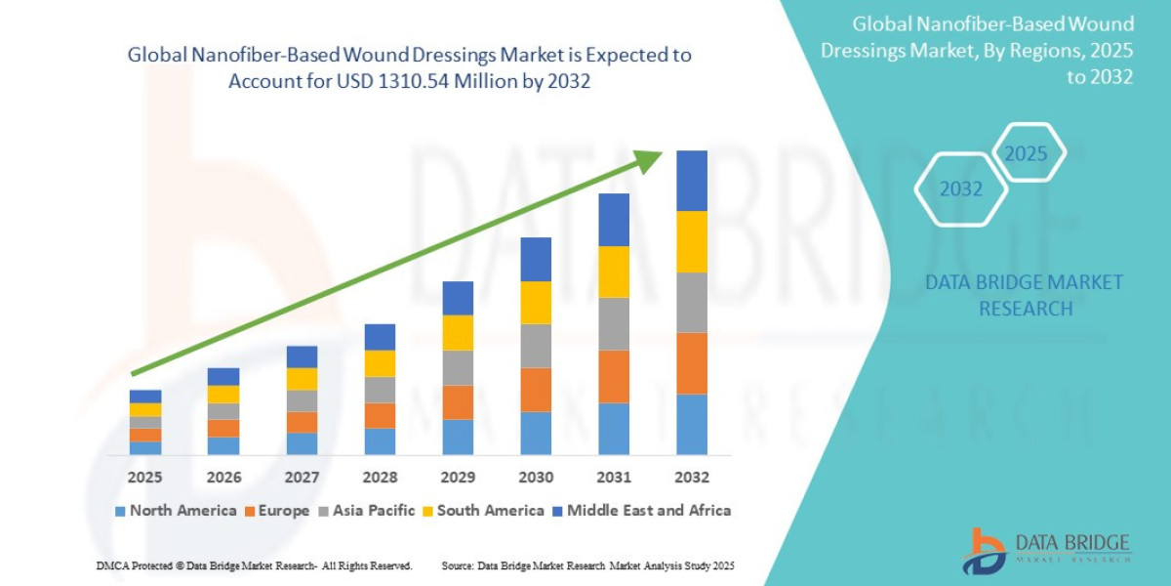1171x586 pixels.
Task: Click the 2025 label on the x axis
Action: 145,478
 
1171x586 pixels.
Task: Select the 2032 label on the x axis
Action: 692,478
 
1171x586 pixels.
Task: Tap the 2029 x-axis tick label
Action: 458,478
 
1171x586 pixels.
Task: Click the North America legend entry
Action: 176,511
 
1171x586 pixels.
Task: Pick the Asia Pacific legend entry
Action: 367,511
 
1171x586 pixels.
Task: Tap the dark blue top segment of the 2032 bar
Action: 692,181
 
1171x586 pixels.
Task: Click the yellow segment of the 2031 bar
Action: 614,272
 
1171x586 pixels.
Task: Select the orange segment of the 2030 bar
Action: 536,390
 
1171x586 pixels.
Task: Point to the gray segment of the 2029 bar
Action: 458,368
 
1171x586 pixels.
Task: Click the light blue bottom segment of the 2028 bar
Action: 380,441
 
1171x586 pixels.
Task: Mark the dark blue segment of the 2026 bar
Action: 223,376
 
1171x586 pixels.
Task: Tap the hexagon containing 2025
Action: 1026,153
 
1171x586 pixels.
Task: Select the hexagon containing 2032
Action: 961,189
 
